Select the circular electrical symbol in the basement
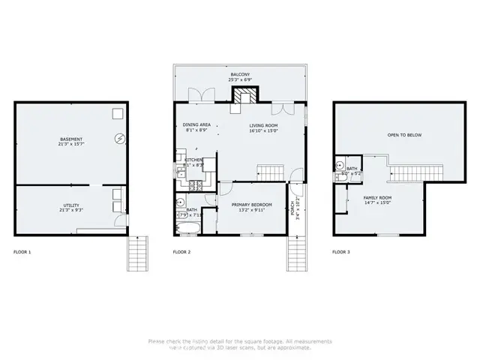pos(119,139)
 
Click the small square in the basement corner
pos(118,113)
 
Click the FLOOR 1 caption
pos(22,252)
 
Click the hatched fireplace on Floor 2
pos(243,96)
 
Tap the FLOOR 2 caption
pos(181,252)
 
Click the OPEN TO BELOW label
pos(403,135)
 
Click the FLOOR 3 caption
pos(340,252)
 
